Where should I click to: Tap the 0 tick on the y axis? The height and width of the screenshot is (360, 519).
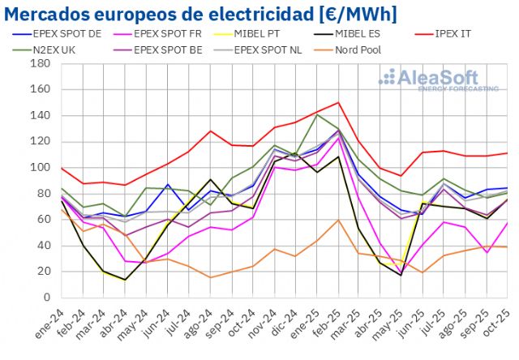(49, 298)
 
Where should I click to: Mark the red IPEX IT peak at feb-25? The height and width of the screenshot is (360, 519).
(337, 102)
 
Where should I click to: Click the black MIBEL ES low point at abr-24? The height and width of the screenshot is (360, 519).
(125, 280)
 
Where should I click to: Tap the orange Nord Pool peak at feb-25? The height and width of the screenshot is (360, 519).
(337, 220)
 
